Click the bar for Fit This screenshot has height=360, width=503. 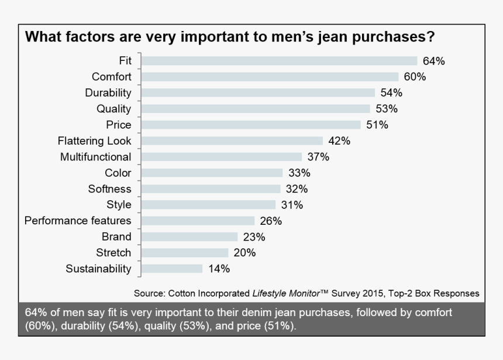[x=279, y=61]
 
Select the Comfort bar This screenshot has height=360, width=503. [x=270, y=77]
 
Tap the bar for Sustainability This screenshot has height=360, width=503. [x=172, y=269]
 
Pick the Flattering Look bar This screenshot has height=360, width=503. [x=232, y=140]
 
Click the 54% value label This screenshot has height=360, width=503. [x=391, y=92]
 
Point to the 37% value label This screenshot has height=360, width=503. [x=318, y=157]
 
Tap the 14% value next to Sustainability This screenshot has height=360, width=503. [x=218, y=269]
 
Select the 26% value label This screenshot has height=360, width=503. [x=270, y=221]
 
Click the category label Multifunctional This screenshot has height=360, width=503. [x=95, y=157]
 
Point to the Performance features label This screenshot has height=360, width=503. [x=78, y=221]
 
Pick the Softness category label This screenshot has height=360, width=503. [x=109, y=189]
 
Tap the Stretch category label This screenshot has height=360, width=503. [x=113, y=253]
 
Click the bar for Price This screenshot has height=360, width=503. [x=251, y=125]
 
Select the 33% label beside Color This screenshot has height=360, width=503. [x=299, y=173]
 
